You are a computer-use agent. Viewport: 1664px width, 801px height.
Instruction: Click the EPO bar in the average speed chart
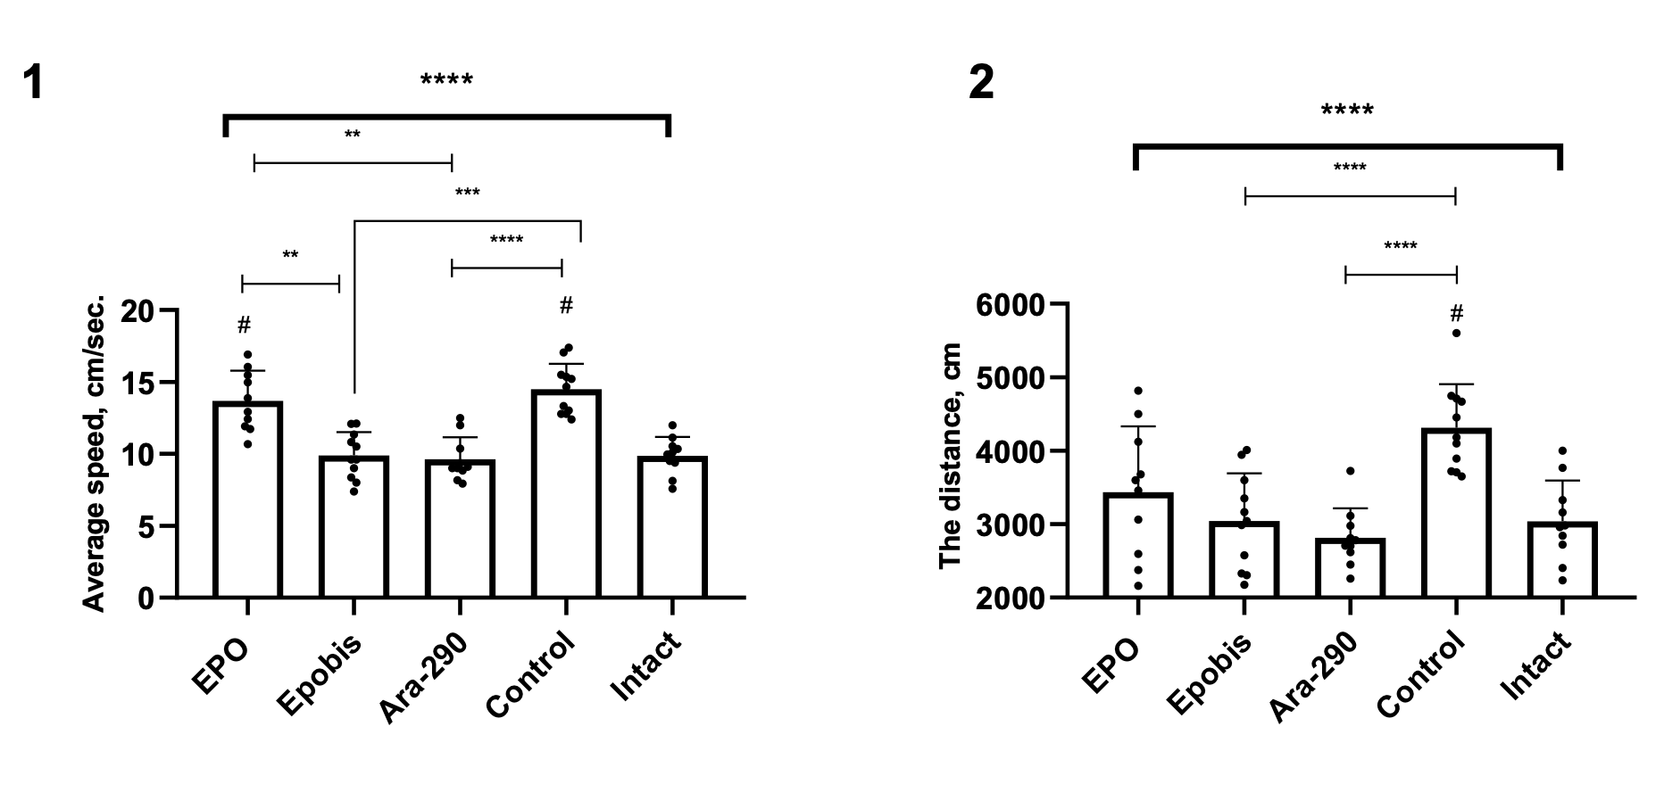pyautogui.click(x=247, y=500)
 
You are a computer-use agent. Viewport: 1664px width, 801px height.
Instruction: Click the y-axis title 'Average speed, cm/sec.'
pyautogui.click(x=94, y=453)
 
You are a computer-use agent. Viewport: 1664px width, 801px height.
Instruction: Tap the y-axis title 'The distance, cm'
pyautogui.click(x=951, y=455)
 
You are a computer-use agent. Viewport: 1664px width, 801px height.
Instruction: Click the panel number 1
pyautogui.click(x=33, y=83)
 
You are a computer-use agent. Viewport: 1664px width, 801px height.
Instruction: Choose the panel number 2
pyautogui.click(x=981, y=84)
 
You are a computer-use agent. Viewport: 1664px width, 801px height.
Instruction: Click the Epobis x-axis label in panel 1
pyautogui.click(x=320, y=674)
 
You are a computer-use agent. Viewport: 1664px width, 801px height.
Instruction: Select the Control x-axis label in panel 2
pyautogui.click(x=1420, y=674)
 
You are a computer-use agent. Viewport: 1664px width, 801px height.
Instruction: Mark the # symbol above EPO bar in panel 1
pyautogui.click(x=245, y=324)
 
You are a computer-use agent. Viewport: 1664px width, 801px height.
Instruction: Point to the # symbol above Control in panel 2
pyautogui.click(x=1456, y=313)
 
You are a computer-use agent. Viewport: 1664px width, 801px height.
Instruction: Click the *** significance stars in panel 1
pyautogui.click(x=467, y=193)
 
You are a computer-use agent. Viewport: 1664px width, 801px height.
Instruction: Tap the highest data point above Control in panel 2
pyautogui.click(x=1456, y=333)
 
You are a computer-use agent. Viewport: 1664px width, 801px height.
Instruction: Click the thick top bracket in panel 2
pyautogui.click(x=1347, y=145)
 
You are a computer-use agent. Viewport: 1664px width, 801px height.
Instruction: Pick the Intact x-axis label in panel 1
pyautogui.click(x=645, y=665)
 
